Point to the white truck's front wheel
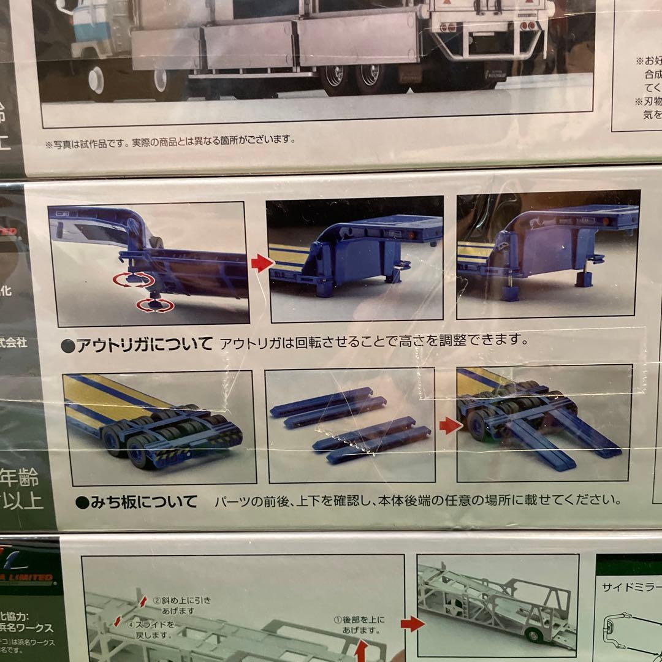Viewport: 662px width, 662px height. pyautogui.click(x=96, y=80)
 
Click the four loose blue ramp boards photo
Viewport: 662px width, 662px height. pyautogui.click(x=350, y=425)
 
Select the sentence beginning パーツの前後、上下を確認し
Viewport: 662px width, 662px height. pyautogui.click(x=417, y=501)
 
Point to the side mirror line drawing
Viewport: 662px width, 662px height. pyautogui.click(x=619, y=631)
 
